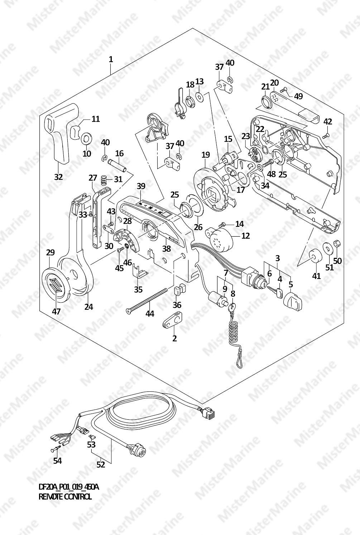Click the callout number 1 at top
111,59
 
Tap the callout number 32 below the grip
58,177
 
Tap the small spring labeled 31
104,179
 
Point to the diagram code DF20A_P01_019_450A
68,487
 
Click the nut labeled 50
337,245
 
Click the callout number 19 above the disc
205,155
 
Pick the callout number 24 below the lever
88,307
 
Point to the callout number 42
328,121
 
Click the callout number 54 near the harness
57,461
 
